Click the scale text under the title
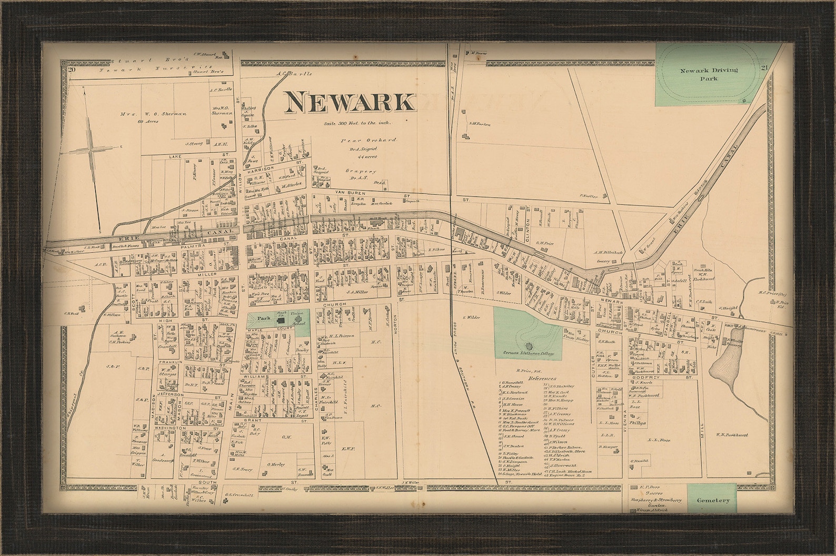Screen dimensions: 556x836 [x=358, y=122]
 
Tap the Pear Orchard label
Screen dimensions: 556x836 [x=368, y=141]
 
